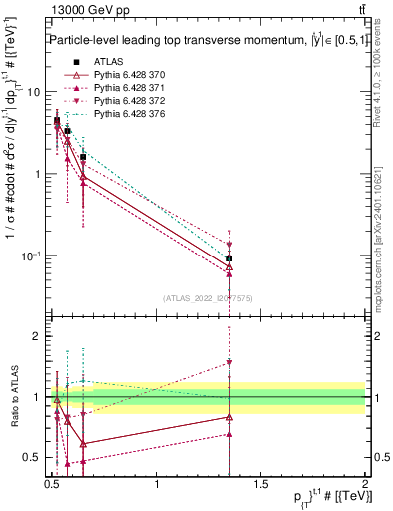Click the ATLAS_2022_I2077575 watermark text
[208, 298]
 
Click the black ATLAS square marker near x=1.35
[229, 258]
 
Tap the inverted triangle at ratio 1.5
[229, 362]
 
